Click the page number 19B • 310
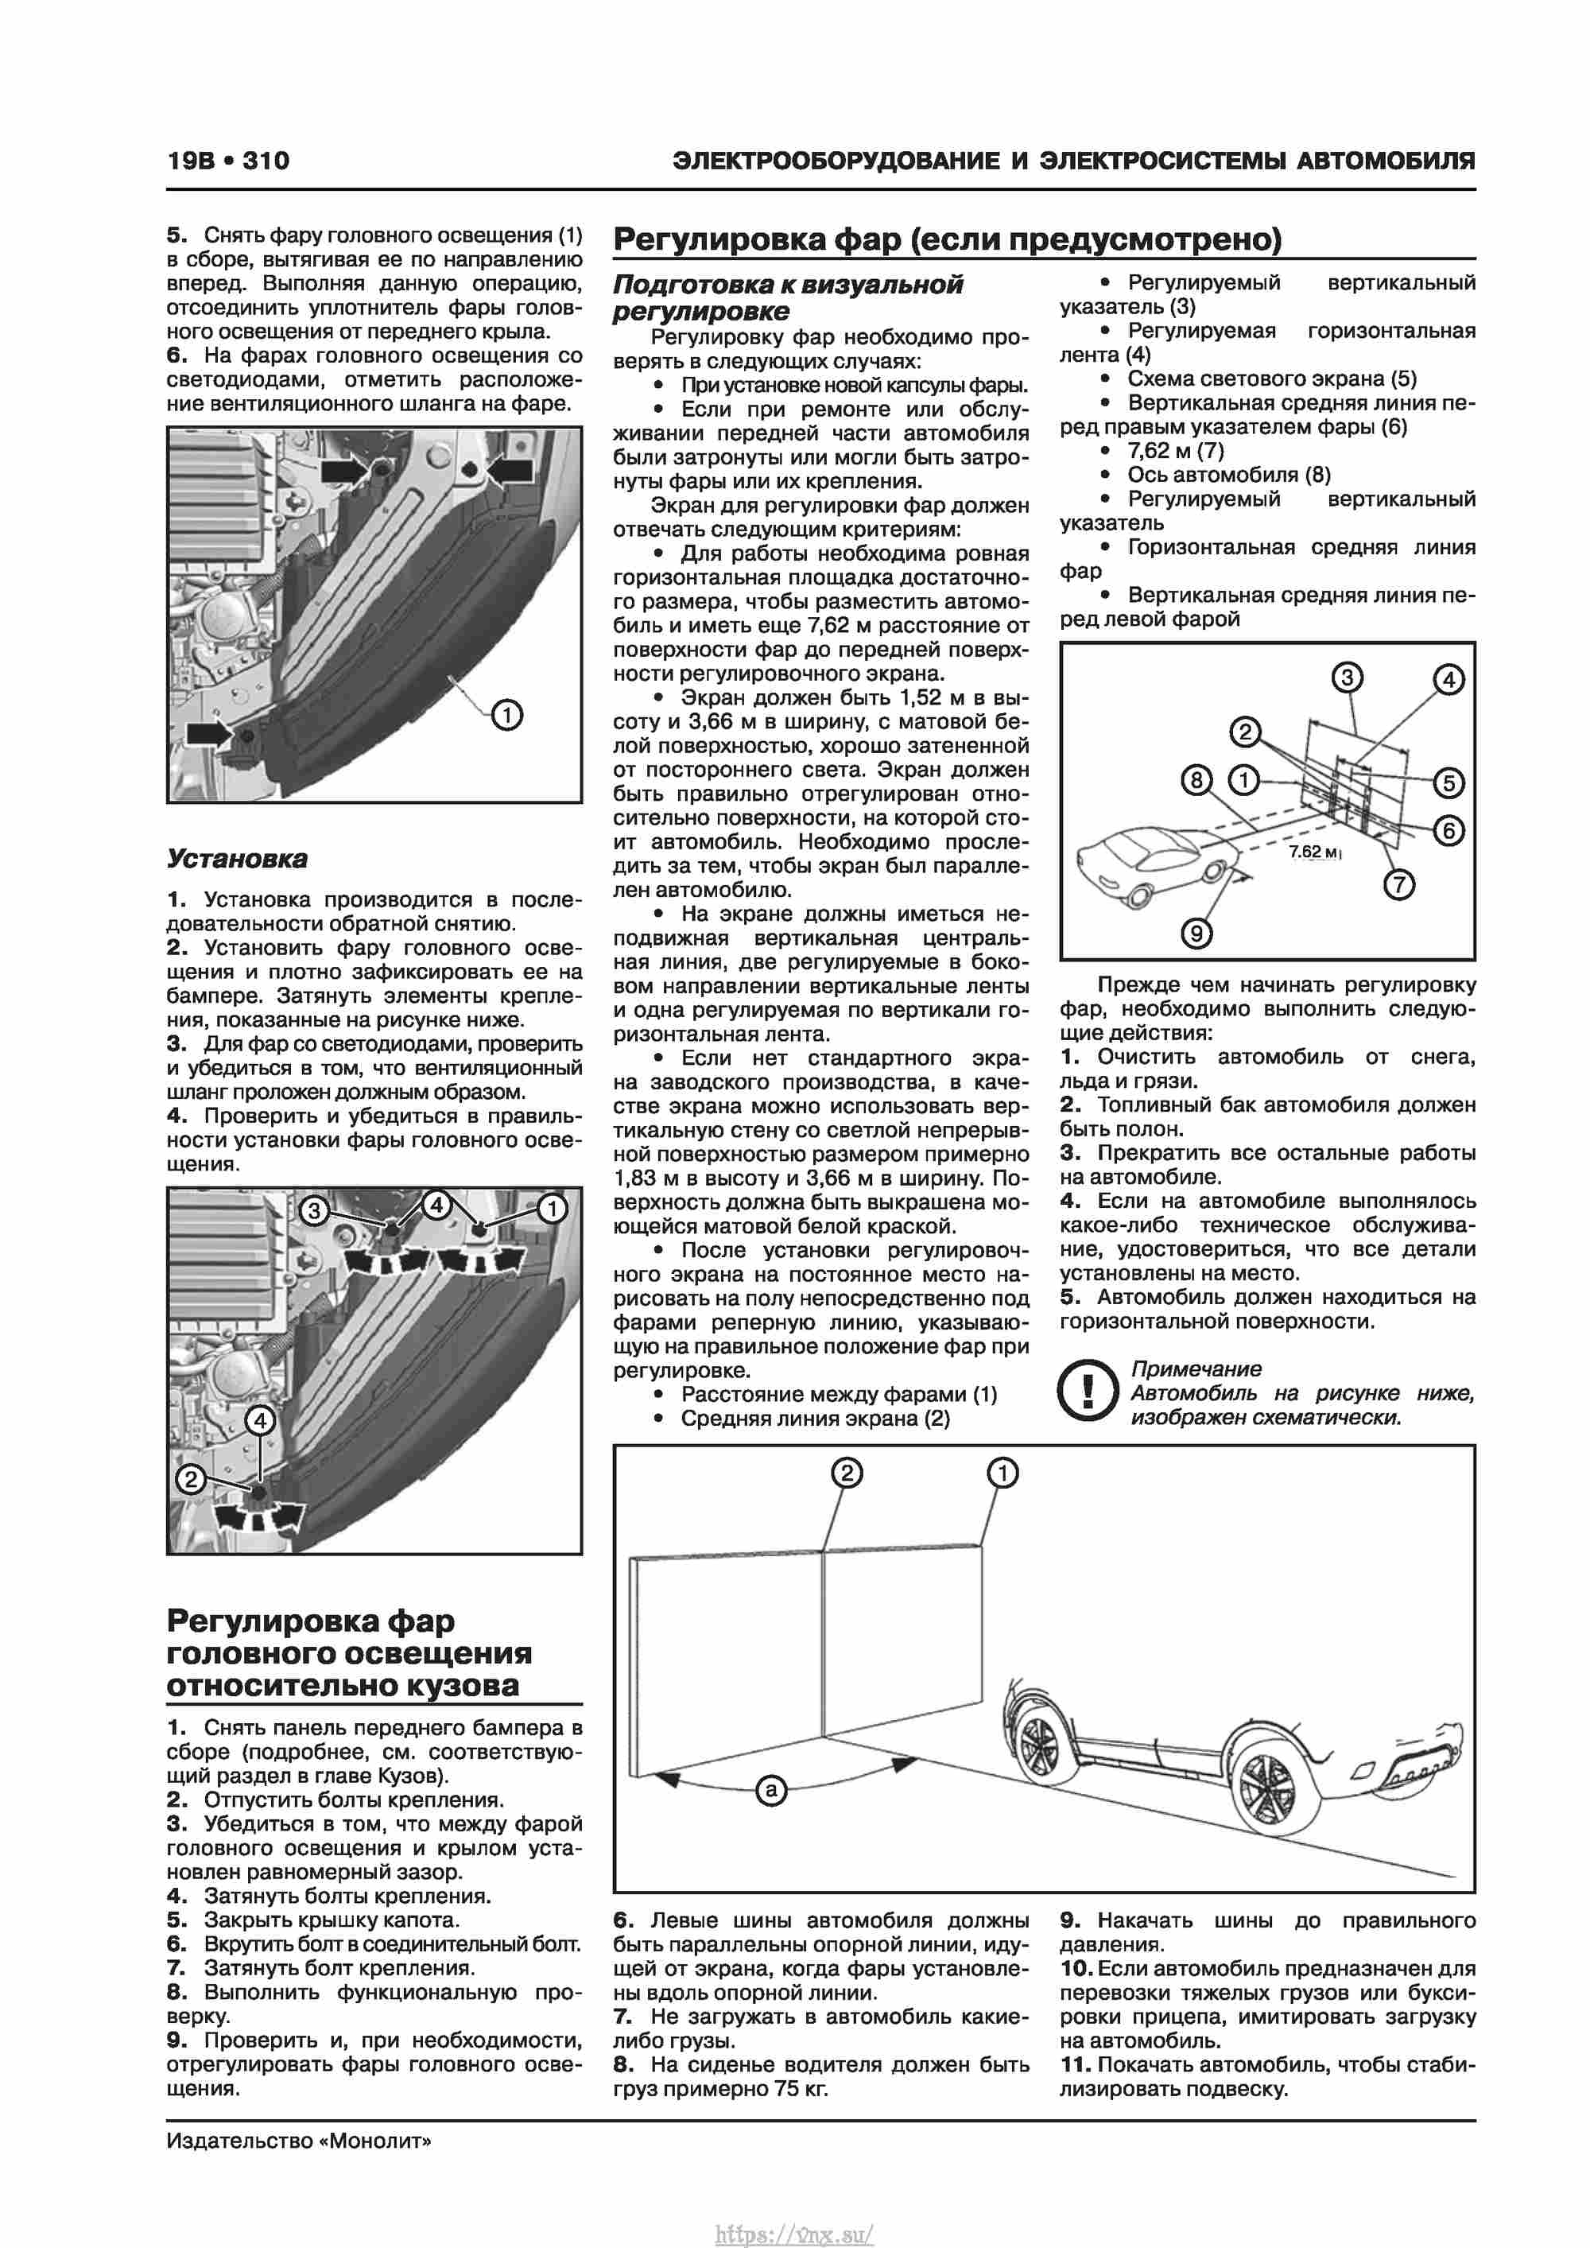coord(228,161)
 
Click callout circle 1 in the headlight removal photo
coord(506,715)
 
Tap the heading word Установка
coord(237,859)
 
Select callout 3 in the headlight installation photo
coord(313,1211)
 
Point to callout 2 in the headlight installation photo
coord(190,1477)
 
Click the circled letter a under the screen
coord(771,1790)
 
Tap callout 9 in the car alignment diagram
coord(1196,933)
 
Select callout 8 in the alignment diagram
coord(1196,780)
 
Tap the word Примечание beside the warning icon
coord(1196,1369)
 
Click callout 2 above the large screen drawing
coord(846,1473)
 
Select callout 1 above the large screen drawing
coord(1002,1473)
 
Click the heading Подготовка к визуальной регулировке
coord(788,297)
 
